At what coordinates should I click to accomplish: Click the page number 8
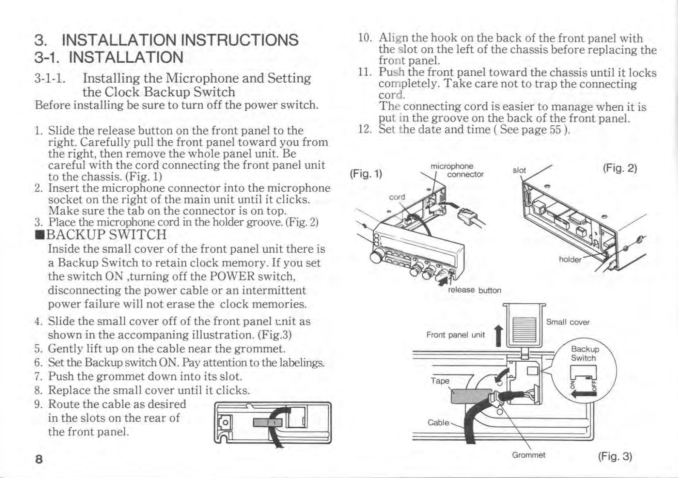point(39,459)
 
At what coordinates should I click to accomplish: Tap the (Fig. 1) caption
point(366,174)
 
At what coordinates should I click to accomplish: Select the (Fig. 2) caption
point(620,168)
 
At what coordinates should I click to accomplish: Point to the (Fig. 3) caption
point(615,456)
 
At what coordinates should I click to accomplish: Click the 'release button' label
point(474,290)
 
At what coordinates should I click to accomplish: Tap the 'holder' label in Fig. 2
point(570,259)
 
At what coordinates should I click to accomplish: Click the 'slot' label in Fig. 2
point(519,170)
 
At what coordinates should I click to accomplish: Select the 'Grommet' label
point(528,455)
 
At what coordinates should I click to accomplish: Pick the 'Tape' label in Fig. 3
point(440,380)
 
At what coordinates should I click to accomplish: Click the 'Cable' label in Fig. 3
point(438,422)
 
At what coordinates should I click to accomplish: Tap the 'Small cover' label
point(568,322)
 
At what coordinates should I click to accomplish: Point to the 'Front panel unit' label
point(455,335)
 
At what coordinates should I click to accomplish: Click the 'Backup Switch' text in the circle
point(585,354)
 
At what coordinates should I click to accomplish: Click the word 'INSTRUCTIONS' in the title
point(239,40)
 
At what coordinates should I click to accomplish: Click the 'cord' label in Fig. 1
point(397,197)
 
